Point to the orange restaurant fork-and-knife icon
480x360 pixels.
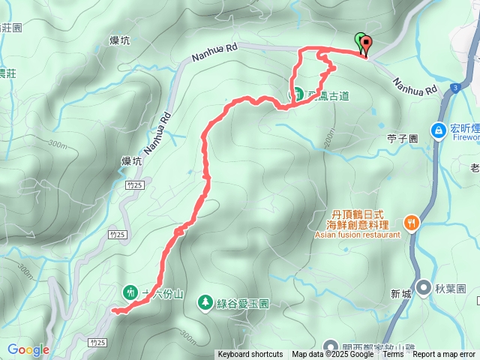[411, 223]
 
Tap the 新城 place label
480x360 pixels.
[400, 295]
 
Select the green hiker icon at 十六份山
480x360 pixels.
[130, 292]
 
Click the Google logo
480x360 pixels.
[28, 349]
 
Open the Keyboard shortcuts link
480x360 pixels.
[250, 355]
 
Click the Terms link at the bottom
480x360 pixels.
[393, 355]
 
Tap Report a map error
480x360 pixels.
[444, 355]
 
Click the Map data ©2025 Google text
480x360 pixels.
[332, 355]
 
